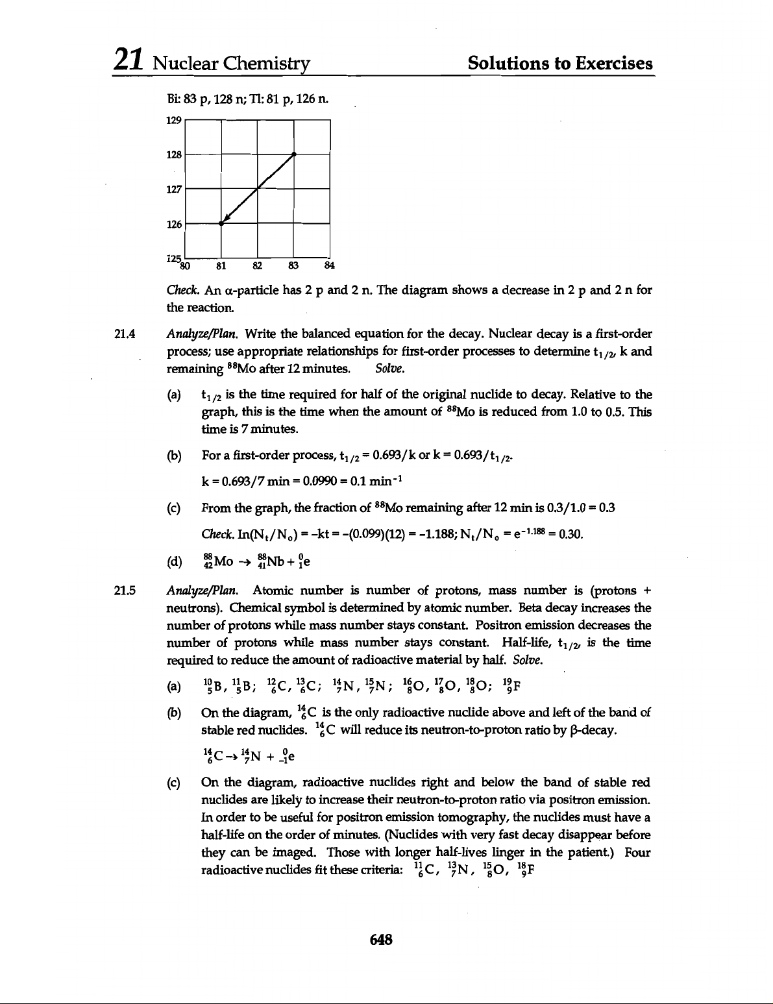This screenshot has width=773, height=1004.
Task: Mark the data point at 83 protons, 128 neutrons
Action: pos(295,154)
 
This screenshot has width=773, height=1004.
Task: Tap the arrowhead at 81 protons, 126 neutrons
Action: pos(223,221)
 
